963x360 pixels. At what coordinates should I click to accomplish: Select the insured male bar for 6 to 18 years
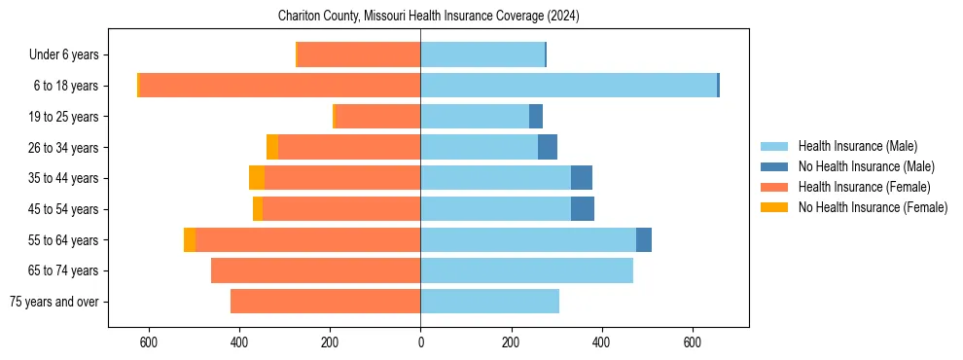568,86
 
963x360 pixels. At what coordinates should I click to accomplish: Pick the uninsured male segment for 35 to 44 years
582,178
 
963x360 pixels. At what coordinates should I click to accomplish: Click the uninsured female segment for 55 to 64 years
190,239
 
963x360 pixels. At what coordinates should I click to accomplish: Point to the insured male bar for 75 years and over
489,302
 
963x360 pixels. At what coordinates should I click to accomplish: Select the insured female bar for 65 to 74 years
316,270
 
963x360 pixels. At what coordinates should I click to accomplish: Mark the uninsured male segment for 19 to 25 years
536,117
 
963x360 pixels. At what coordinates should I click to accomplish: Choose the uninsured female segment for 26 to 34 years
272,147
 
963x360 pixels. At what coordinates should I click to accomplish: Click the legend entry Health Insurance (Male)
857,146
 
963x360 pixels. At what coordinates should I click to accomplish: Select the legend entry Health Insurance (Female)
864,187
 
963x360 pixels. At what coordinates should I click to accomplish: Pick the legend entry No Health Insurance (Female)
873,207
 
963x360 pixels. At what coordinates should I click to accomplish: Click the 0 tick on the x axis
420,342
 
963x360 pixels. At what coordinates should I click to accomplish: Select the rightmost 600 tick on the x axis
692,342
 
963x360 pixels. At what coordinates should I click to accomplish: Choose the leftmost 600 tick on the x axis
149,342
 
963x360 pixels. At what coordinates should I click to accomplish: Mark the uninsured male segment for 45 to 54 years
583,209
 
